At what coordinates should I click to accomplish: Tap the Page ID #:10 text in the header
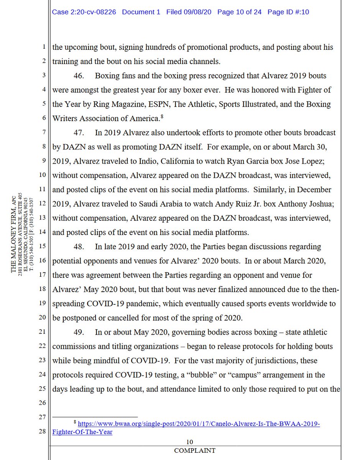pos(288,12)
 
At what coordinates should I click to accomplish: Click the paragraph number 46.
pos(79,76)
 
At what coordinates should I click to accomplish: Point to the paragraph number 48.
pos(79,246)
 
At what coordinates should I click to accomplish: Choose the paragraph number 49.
pos(79,332)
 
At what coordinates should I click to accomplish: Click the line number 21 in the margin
pos(42,332)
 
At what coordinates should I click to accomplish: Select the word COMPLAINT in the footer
pos(195,450)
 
